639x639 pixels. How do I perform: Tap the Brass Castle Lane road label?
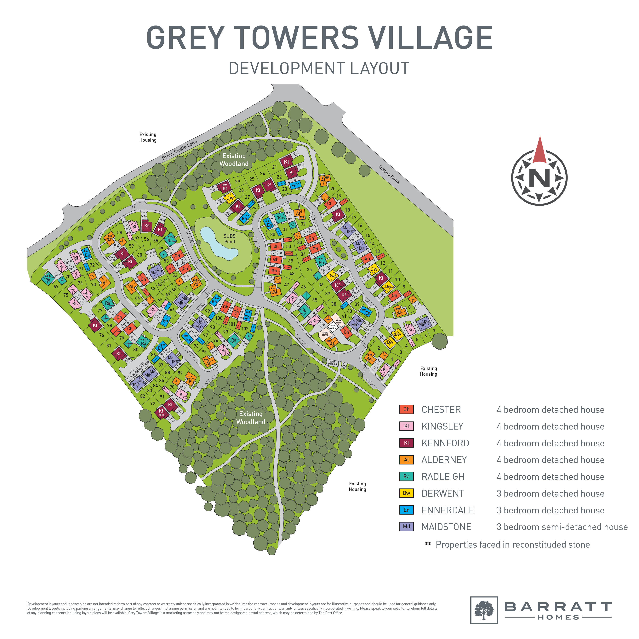click(179, 150)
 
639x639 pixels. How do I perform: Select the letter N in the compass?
click(539, 179)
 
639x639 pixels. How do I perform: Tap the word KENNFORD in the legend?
click(445, 443)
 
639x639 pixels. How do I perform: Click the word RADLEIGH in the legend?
click(443, 477)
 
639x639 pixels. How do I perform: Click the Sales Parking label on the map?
click(332, 363)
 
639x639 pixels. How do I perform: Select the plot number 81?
click(109, 346)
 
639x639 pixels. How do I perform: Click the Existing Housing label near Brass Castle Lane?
click(148, 137)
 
